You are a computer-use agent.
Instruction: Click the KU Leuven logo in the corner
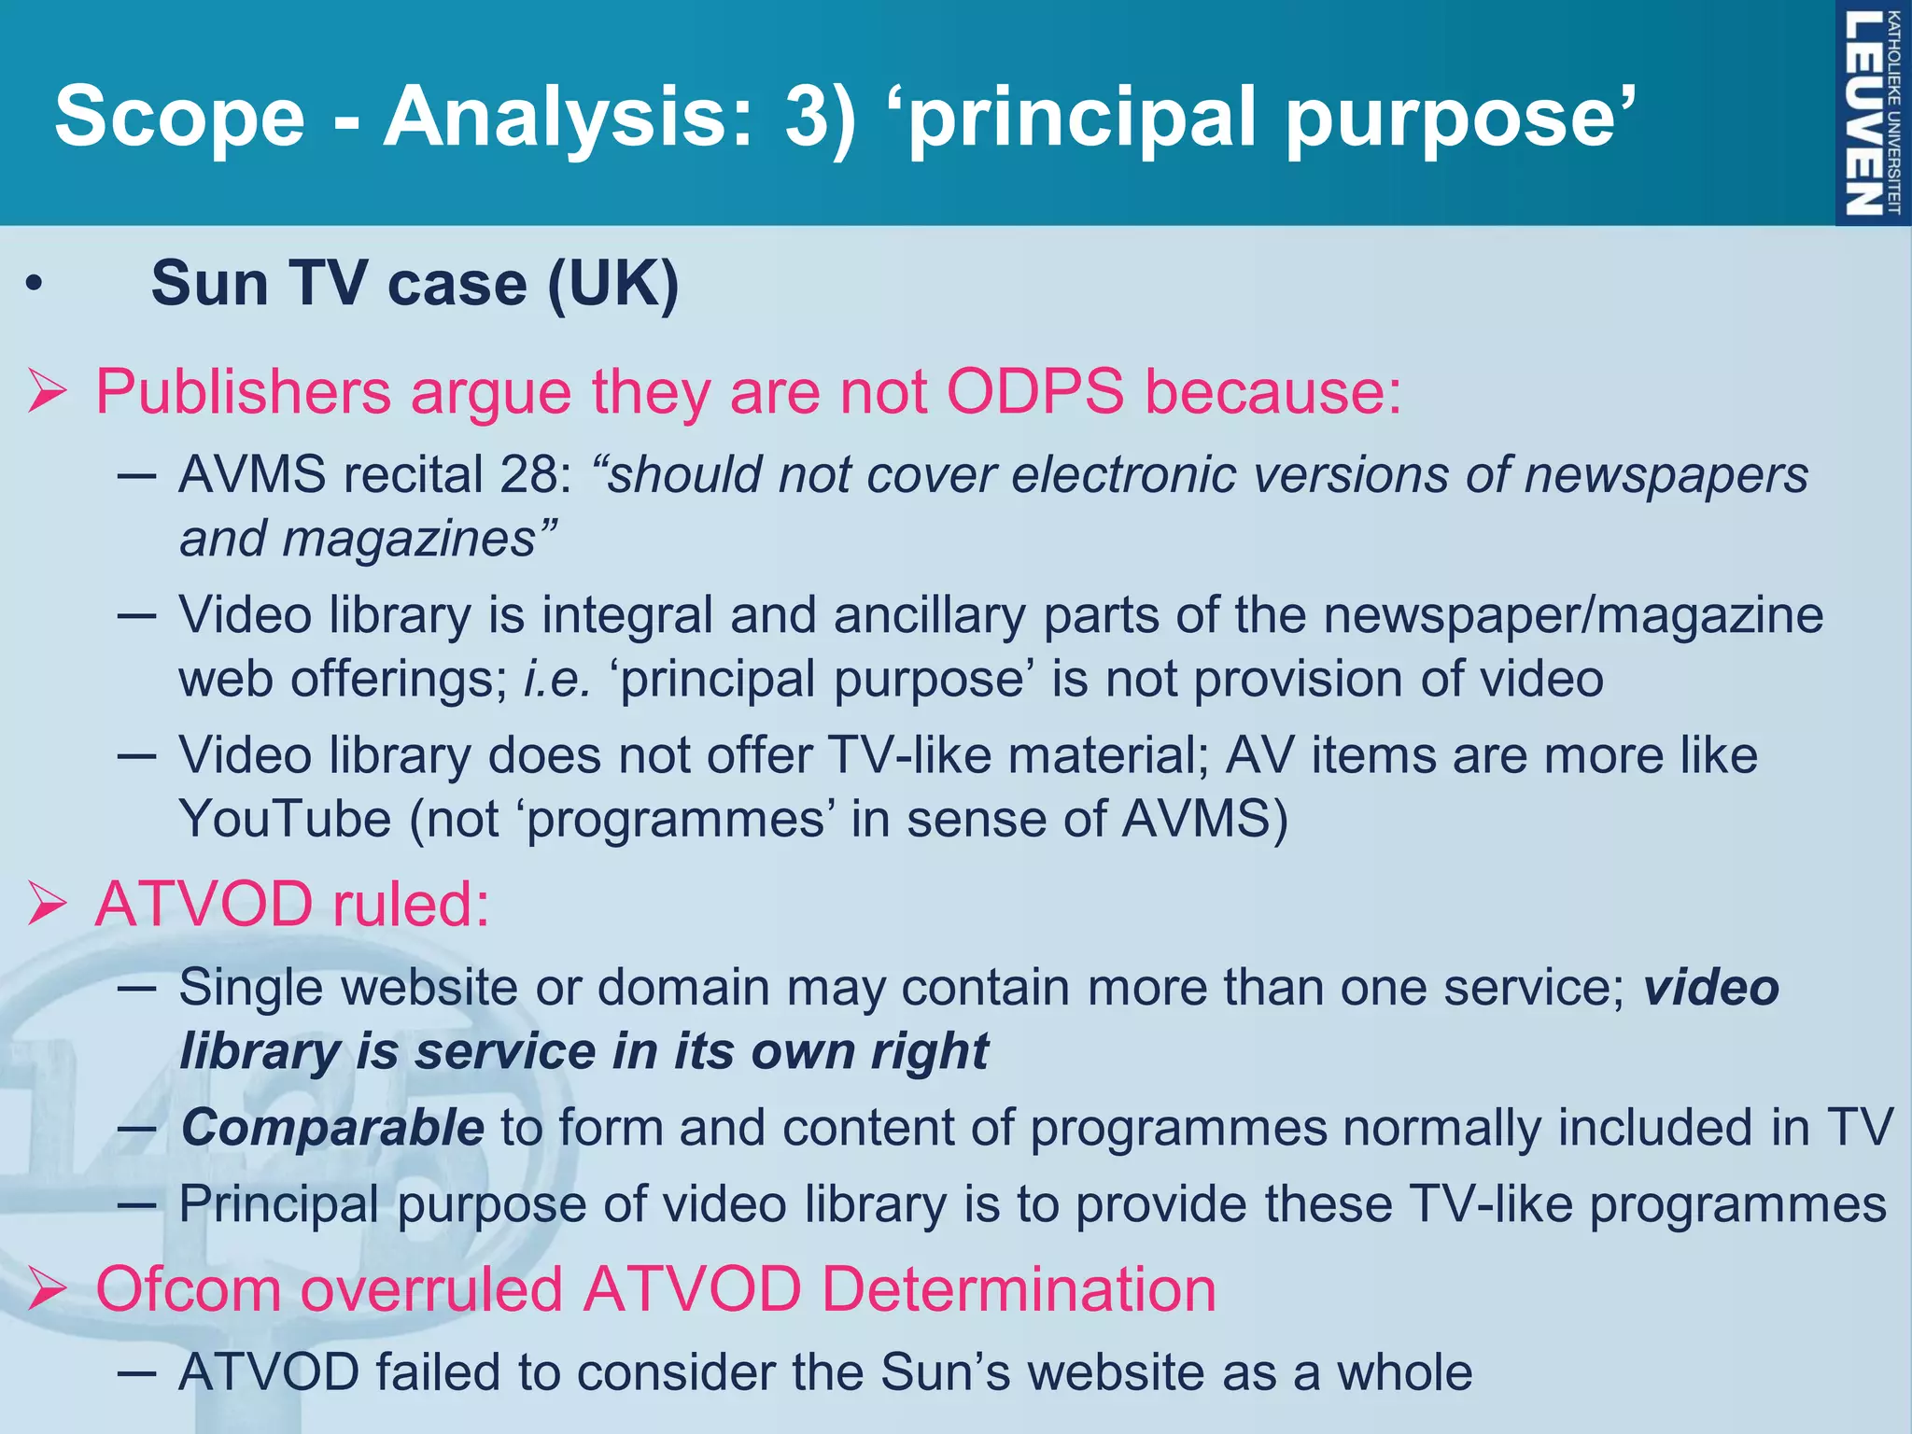[x=1872, y=112]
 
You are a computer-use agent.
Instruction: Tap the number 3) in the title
[x=820, y=116]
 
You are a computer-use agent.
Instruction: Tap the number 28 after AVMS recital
[x=529, y=474]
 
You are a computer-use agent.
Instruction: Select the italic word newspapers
[x=1666, y=474]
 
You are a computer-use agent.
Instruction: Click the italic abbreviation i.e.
[x=556, y=679]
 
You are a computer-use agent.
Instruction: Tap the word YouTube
[x=285, y=819]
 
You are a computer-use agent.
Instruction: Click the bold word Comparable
[x=332, y=1127]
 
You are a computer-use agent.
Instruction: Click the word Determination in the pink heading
[x=1018, y=1289]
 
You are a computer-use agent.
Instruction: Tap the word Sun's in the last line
[x=945, y=1372]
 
